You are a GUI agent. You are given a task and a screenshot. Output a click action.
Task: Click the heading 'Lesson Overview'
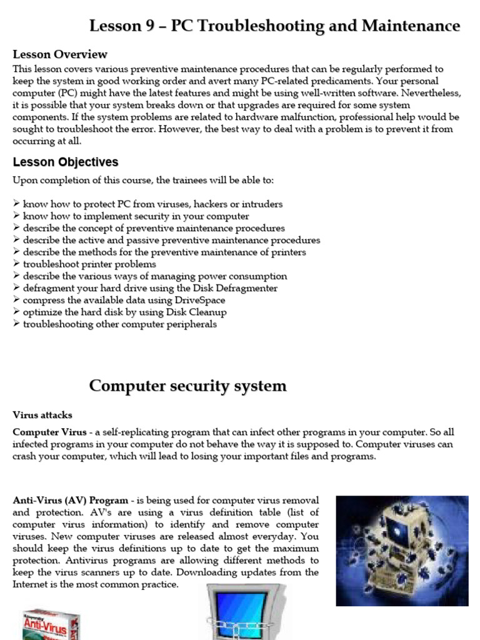60,54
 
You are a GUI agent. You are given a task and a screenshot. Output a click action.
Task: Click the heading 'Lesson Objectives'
66,162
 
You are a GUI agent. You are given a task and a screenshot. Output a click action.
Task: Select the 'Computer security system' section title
187,386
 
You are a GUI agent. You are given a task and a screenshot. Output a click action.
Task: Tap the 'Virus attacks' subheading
42,415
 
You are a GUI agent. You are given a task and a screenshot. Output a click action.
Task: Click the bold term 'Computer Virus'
49,432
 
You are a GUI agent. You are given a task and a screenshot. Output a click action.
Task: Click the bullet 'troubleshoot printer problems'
89,264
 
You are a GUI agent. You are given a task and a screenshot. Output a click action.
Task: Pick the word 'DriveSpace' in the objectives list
200,300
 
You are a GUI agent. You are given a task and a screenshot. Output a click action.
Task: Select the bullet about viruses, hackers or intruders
152,204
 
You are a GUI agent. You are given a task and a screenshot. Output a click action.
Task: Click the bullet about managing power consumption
155,276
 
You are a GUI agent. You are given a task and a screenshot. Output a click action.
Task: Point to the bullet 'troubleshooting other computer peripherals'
119,324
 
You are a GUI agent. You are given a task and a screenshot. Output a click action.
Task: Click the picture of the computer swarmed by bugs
402,551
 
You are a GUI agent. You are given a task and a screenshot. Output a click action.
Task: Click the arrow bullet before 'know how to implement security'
16,216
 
